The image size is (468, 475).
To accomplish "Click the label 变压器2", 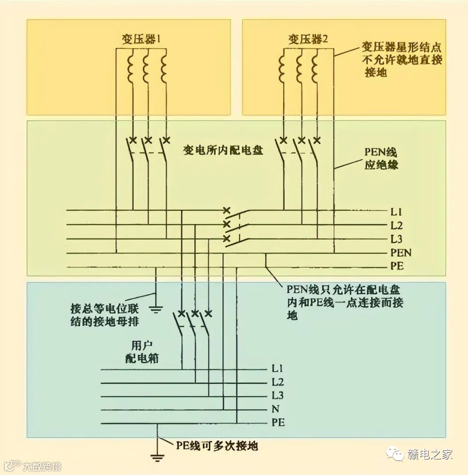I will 308,39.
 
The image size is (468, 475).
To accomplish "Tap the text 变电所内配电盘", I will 223,150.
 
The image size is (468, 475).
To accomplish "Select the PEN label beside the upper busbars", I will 401,253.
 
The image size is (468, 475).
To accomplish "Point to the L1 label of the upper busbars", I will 396,212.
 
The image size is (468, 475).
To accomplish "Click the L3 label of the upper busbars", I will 396,239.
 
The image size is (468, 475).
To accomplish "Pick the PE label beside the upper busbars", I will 396,266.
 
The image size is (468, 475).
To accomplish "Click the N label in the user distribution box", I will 275,409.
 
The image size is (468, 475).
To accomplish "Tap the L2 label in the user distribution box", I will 278,382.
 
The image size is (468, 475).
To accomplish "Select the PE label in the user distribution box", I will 278,423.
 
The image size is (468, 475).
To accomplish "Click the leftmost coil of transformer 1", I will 131,68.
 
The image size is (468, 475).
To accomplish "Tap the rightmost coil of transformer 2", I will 314,68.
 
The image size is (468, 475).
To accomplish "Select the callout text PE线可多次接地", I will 216,445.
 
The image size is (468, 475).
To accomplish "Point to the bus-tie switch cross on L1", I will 226,211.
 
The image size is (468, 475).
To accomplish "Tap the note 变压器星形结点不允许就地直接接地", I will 401,60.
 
